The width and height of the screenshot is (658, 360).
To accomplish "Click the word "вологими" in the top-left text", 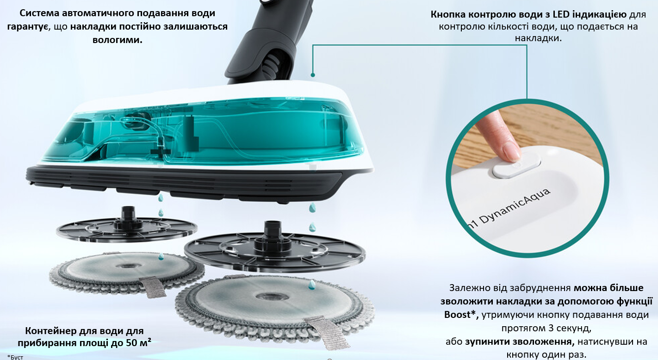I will tap(118, 40).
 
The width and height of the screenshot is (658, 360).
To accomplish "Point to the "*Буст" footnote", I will tap(15, 357).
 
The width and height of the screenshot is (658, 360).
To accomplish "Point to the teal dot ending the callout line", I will tap(313, 74).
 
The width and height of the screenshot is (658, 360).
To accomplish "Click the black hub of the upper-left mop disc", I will tap(127, 215).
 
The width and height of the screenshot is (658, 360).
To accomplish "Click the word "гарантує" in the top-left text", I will tap(28, 27).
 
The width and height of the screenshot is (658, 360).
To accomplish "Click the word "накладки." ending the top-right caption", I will tap(538, 38).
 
